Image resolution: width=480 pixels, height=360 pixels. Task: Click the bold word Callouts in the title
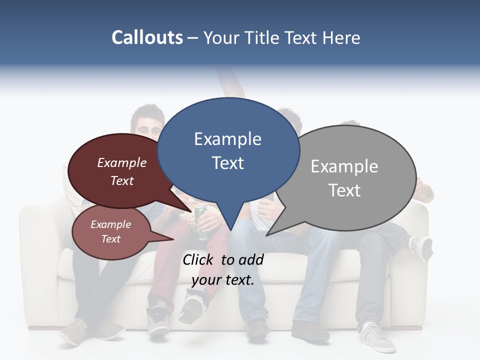pyautogui.click(x=147, y=37)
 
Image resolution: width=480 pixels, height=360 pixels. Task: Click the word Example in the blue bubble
pyautogui.click(x=227, y=139)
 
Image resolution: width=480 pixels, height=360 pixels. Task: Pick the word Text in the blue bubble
pyautogui.click(x=227, y=163)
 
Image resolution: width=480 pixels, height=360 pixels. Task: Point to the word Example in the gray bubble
pyautogui.click(x=344, y=166)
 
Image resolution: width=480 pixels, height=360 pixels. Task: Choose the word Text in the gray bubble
pyautogui.click(x=344, y=190)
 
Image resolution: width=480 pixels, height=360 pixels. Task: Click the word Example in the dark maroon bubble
pyautogui.click(x=121, y=162)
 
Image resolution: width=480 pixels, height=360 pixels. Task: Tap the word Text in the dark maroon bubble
pyautogui.click(x=121, y=180)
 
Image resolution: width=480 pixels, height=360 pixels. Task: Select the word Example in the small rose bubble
pyautogui.click(x=110, y=224)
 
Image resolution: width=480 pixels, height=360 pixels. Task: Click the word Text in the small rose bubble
pyautogui.click(x=110, y=239)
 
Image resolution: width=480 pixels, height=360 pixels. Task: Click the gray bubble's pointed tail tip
pyautogui.click(x=267, y=235)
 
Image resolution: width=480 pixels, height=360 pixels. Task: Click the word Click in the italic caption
pyautogui.click(x=198, y=259)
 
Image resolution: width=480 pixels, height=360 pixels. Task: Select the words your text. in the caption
pyautogui.click(x=222, y=280)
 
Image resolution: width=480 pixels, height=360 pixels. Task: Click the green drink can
pyautogui.click(x=203, y=222)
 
